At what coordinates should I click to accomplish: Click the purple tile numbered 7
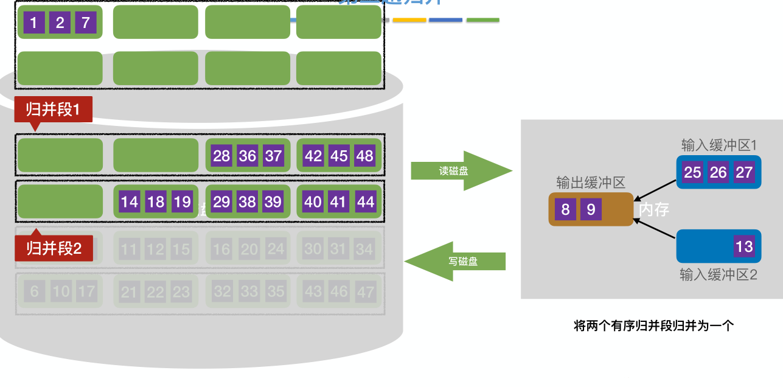[86, 23]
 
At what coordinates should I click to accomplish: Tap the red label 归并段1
[53, 110]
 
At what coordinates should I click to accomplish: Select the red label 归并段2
[54, 248]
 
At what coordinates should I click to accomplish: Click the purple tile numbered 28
[221, 156]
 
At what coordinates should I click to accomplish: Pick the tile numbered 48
[364, 156]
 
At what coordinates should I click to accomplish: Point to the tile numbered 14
[130, 201]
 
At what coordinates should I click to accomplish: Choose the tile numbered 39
[273, 201]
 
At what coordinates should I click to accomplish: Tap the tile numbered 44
[365, 201]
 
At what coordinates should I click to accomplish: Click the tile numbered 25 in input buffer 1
[692, 172]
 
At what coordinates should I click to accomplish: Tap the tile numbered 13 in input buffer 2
[744, 246]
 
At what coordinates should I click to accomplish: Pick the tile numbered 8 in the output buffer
[565, 210]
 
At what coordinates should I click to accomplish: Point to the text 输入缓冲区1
[719, 145]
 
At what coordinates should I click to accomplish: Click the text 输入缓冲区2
[719, 275]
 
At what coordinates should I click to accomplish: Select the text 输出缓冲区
[590, 183]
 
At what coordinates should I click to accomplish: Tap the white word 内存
[654, 210]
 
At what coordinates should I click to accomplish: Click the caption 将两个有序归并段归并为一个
[654, 326]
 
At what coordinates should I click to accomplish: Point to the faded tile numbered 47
[365, 292]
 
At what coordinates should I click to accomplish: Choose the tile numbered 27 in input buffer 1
[744, 172]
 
